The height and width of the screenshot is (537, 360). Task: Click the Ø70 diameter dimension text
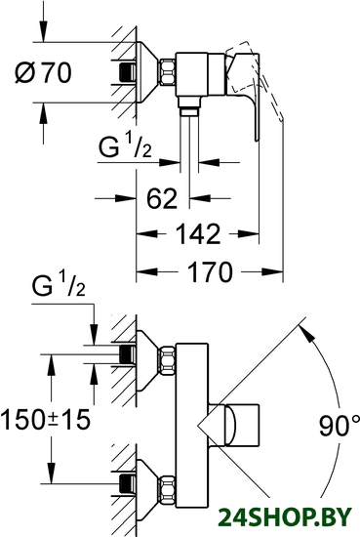[44, 72]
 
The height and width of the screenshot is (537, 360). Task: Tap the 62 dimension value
[162, 198]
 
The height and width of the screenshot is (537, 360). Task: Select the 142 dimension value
[198, 234]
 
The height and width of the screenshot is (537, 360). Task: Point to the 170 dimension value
[210, 272]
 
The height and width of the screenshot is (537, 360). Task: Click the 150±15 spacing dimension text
[45, 420]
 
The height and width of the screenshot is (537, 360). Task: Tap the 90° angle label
[339, 425]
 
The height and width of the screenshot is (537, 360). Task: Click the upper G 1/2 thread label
[125, 146]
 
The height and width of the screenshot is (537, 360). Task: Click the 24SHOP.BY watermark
[285, 516]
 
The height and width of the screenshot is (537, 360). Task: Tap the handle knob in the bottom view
[242, 425]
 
